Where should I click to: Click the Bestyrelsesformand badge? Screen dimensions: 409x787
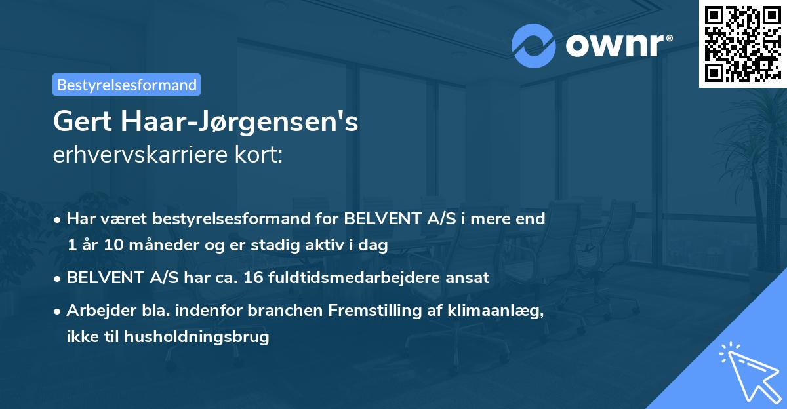127,85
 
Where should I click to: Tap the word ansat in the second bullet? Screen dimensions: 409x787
469,277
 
